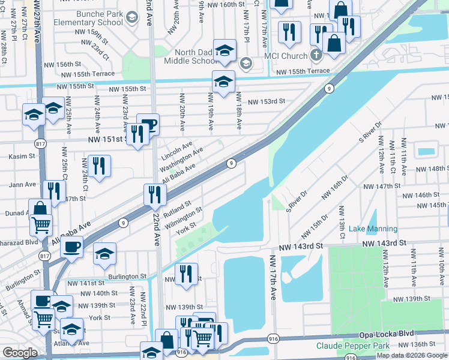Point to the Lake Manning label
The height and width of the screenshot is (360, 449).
(x=373, y=229)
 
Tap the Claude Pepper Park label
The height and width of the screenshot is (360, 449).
(x=352, y=346)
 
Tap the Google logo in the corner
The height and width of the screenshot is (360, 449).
(x=20, y=352)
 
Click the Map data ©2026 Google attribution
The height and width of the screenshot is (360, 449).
(x=411, y=355)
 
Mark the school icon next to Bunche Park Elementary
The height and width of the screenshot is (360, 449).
(x=131, y=19)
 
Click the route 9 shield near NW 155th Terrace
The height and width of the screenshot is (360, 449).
(x=329, y=88)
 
